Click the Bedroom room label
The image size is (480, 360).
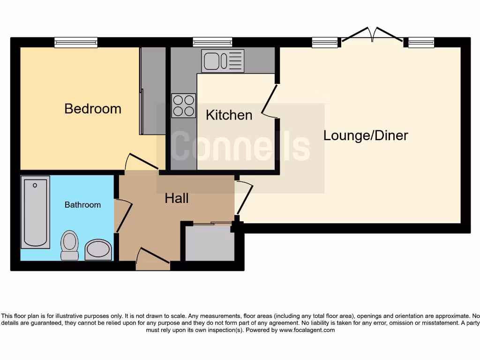pyautogui.click(x=93, y=109)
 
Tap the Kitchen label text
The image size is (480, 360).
pyautogui.click(x=229, y=115)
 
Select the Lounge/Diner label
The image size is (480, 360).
pyautogui.click(x=366, y=135)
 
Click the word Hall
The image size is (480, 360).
pyautogui.click(x=176, y=198)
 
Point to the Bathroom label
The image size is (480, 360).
pyautogui.click(x=82, y=205)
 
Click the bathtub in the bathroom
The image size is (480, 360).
pyautogui.click(x=35, y=212)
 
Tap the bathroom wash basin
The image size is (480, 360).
pyautogui.click(x=98, y=250)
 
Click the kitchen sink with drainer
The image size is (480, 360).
pyautogui.click(x=223, y=61)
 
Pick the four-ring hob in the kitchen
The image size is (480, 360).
pyautogui.click(x=183, y=106)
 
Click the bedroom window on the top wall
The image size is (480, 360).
pyautogui.click(x=76, y=43)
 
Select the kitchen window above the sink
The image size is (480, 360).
pyautogui.click(x=213, y=43)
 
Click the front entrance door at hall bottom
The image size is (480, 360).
pyautogui.click(x=153, y=259)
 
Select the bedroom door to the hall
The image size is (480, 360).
pyautogui.click(x=143, y=162)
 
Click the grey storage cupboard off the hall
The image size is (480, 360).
pyautogui.click(x=210, y=244)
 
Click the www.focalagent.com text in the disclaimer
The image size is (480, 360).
pyautogui.click(x=307, y=330)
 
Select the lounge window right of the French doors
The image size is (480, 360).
pyautogui.click(x=421, y=43)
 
